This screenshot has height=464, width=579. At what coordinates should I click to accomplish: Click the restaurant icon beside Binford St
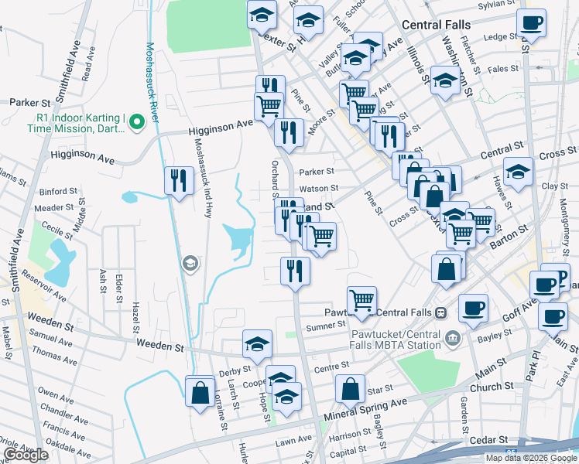point(179,181)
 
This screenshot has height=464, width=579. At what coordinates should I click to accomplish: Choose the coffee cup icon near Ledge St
point(531,23)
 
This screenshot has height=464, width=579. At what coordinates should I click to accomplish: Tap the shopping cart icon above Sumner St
point(361,300)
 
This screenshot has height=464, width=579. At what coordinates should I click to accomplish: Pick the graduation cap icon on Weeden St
point(257,344)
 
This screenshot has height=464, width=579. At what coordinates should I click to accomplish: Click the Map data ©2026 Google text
point(531,458)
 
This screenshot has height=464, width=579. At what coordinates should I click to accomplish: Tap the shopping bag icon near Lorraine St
point(200,391)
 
